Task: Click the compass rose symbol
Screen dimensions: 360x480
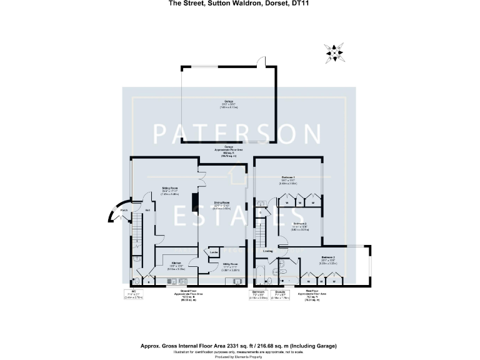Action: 334,52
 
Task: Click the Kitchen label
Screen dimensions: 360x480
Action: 176,262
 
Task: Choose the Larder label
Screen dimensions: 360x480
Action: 213,252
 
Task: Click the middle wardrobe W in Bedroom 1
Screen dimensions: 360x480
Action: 301,201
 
